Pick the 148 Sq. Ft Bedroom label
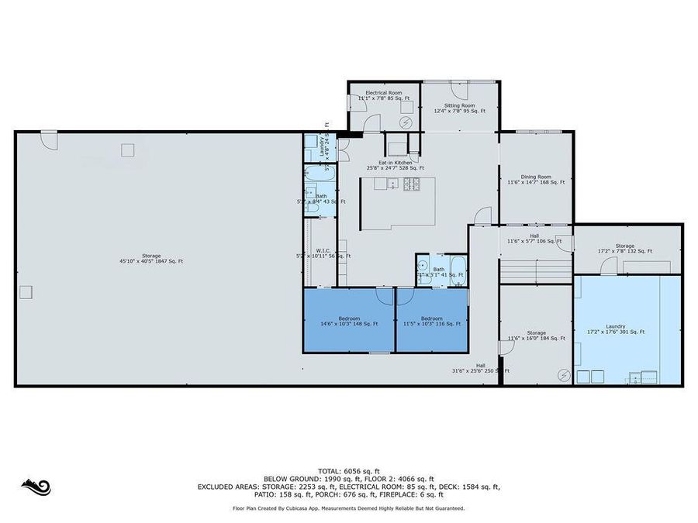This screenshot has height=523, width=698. pyautogui.click(x=348, y=321)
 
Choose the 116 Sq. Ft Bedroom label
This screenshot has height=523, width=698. pyautogui.click(x=432, y=321)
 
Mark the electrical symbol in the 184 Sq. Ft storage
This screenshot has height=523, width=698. pyautogui.click(x=563, y=374)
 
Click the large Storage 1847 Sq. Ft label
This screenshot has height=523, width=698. pyautogui.click(x=151, y=258)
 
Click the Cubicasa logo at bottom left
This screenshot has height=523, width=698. pyautogui.click(x=36, y=487)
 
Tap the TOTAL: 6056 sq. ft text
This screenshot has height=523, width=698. pyautogui.click(x=348, y=471)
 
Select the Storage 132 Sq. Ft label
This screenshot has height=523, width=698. pyautogui.click(x=625, y=249)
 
